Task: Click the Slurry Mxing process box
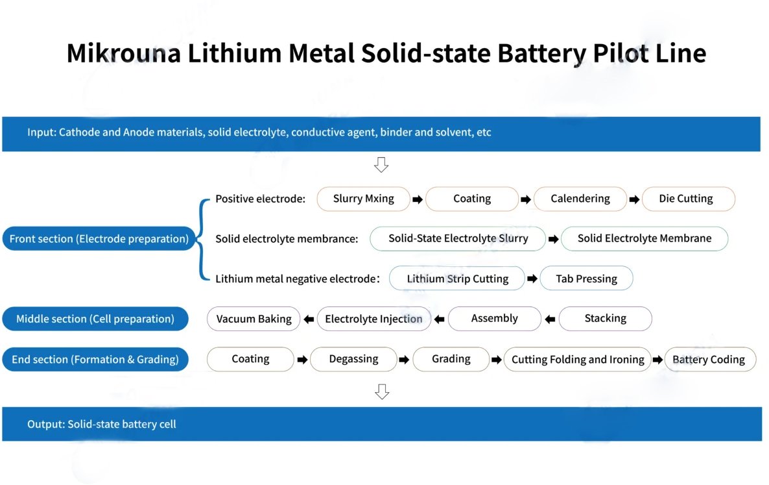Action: pos(363,199)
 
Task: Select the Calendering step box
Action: pos(580,199)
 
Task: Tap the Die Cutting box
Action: pos(689,199)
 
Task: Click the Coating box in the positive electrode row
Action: pos(472,199)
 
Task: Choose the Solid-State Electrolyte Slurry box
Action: pos(458,238)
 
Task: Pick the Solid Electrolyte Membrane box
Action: pos(645,238)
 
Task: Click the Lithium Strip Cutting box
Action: pos(457,279)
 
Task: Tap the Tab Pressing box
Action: pos(587,279)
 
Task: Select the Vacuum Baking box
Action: pos(254,319)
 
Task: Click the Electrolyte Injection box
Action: pos(373,319)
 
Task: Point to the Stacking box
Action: pos(605,319)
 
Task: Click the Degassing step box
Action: pos(353,359)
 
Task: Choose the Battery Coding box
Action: pos(710,359)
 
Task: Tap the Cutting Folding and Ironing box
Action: pos(578,359)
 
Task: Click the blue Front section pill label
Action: pos(99,238)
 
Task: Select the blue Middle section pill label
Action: pos(95,319)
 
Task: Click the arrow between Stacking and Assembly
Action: pos(550,319)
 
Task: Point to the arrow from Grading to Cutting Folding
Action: pos(496,360)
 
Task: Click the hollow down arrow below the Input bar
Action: pos(381,164)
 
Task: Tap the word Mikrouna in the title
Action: pos(124,53)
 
